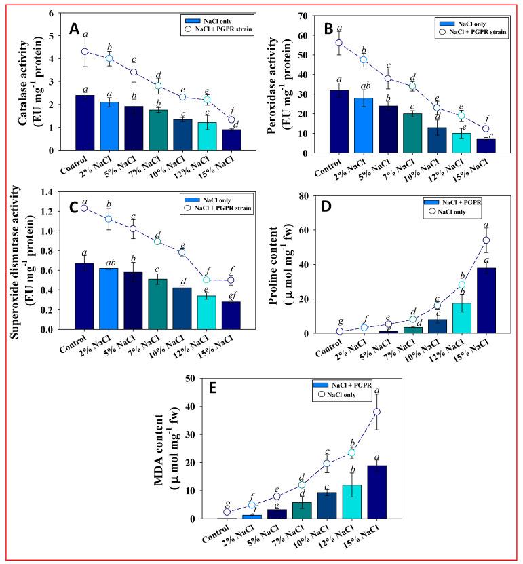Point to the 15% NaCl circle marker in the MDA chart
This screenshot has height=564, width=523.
376,412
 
